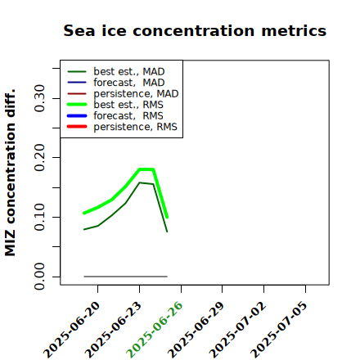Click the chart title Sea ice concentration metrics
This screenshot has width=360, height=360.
(195, 30)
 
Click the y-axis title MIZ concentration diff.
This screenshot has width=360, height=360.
(10, 173)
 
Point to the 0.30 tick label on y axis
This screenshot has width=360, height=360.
(39, 98)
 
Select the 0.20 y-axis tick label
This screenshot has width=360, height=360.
(39, 157)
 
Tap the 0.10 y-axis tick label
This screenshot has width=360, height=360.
(39, 217)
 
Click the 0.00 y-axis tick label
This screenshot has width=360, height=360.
(39, 277)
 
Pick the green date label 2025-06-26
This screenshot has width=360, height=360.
(155, 330)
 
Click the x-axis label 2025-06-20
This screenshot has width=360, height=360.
(71, 330)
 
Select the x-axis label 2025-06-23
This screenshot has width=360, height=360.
(113, 330)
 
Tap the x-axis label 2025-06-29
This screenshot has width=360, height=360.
(196, 330)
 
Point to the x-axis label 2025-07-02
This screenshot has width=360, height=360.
(237, 330)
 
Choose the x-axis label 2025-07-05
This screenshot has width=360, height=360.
(279, 330)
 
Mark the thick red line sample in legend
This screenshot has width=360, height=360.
(77, 127)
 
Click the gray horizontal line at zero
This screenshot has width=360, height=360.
(125, 277)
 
